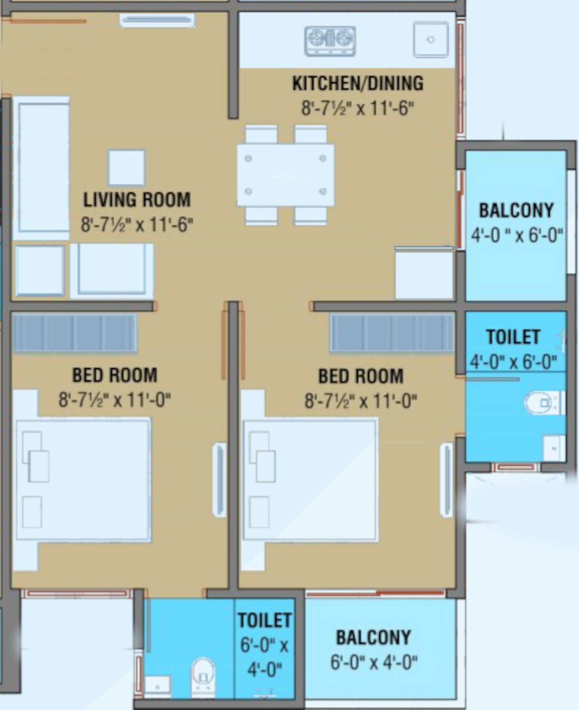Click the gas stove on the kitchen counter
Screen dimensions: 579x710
330,41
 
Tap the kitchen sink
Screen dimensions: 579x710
431,40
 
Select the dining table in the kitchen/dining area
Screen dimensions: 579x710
286,175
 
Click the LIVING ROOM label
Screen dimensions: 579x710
137,200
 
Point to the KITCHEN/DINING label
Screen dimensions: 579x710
358,83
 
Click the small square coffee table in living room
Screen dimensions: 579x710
126,167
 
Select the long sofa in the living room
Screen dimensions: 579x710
41,168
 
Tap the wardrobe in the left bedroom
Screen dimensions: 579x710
75,333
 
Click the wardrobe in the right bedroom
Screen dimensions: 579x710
392,333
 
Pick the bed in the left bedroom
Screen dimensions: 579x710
84,479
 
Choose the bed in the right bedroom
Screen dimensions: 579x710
311,479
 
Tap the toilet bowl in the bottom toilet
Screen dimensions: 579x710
203,677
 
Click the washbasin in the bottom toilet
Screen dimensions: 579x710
157,686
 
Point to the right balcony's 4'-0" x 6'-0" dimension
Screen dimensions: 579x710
517,235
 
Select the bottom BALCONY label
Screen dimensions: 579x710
373,637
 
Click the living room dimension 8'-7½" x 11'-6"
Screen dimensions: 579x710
137,225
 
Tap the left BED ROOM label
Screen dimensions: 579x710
115,375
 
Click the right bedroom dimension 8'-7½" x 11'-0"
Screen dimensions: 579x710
361,401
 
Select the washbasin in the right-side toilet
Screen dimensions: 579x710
554,449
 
